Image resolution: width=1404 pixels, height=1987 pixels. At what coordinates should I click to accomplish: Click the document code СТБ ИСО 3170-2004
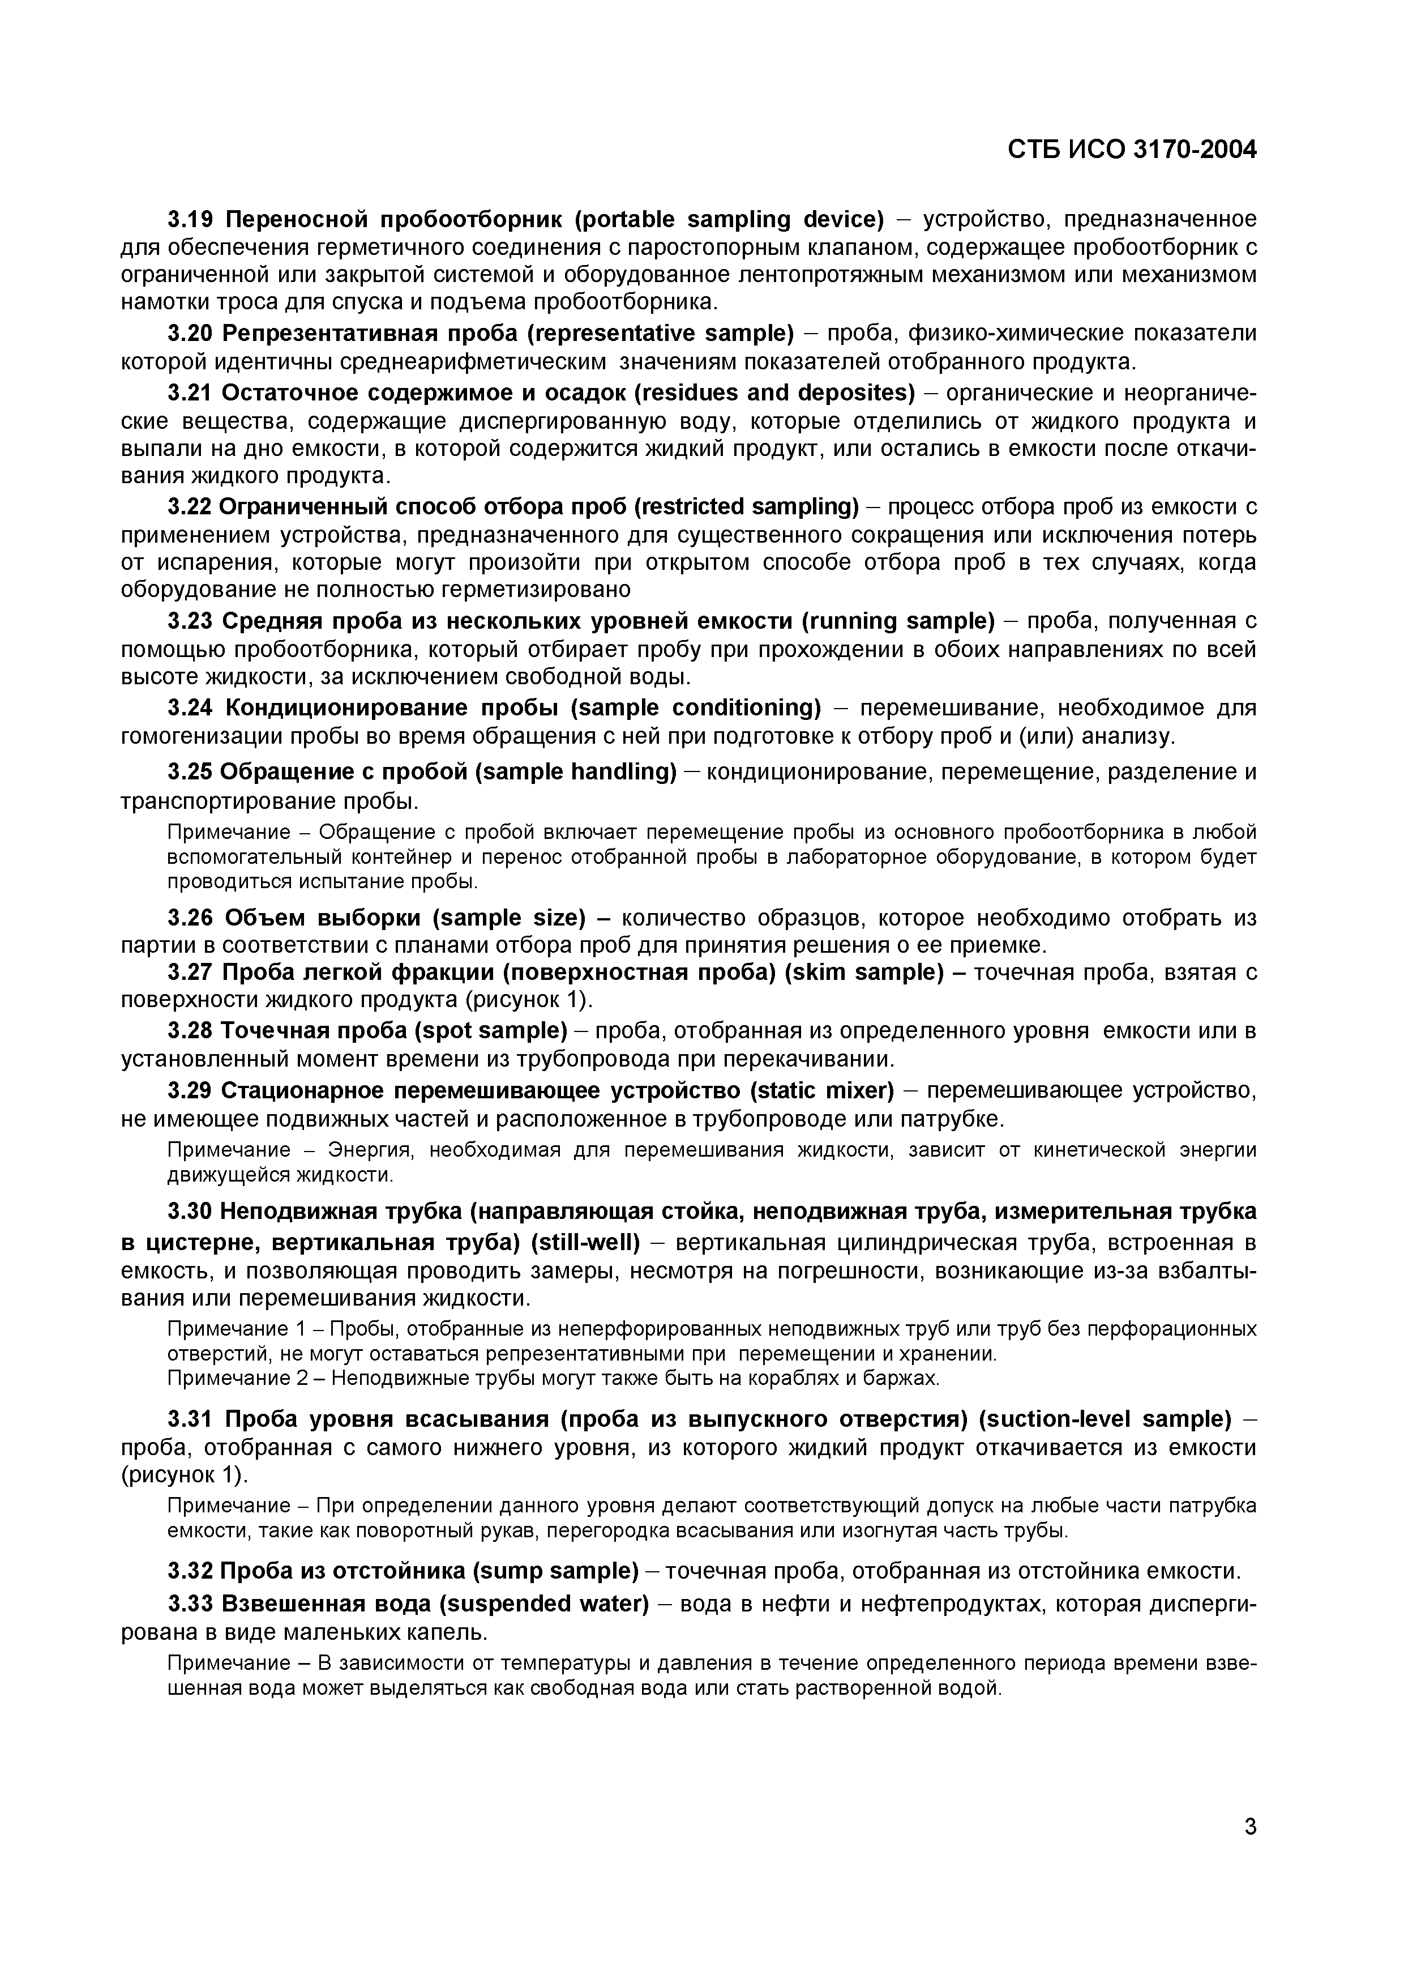(x=1132, y=150)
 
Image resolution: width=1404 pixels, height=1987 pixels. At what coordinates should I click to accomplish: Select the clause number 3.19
(x=190, y=219)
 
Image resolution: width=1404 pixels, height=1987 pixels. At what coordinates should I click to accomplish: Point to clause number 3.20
(x=190, y=333)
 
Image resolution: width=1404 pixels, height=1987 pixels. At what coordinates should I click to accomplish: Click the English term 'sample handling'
(x=576, y=771)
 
